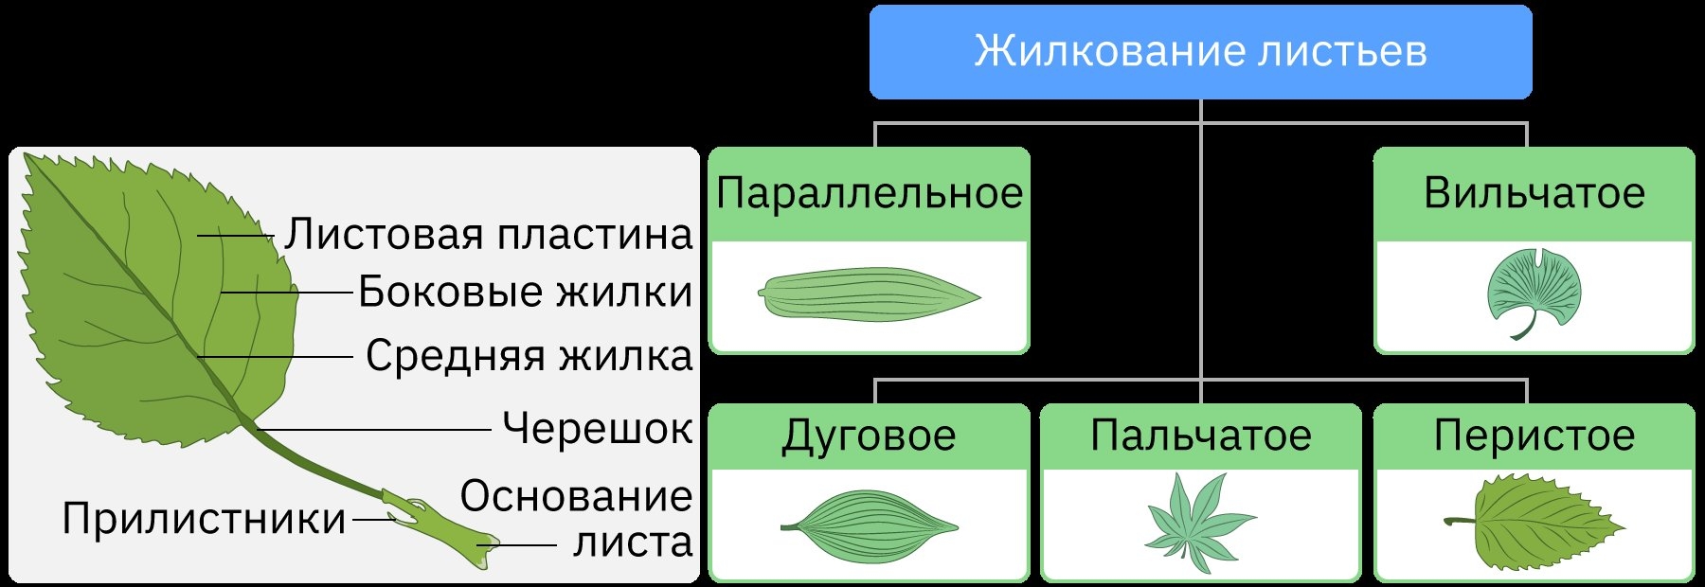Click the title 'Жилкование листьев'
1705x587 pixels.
1200,51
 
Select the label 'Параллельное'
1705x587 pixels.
869,194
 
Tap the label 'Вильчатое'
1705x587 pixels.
1534,194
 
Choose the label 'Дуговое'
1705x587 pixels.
869,436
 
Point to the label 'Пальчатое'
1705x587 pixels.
1200,436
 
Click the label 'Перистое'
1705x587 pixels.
1534,436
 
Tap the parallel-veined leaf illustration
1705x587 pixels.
869,294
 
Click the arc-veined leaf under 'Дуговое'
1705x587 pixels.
869,526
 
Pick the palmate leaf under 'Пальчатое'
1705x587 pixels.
1197,523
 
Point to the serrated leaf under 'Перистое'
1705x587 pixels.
1539,523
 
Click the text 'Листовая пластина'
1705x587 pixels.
489,235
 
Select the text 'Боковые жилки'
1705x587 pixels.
525,293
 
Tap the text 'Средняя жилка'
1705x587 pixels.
529,357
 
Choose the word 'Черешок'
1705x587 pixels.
597,428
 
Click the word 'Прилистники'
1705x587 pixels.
204,519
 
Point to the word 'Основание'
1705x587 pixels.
576,496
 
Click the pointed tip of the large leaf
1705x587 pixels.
26,156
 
